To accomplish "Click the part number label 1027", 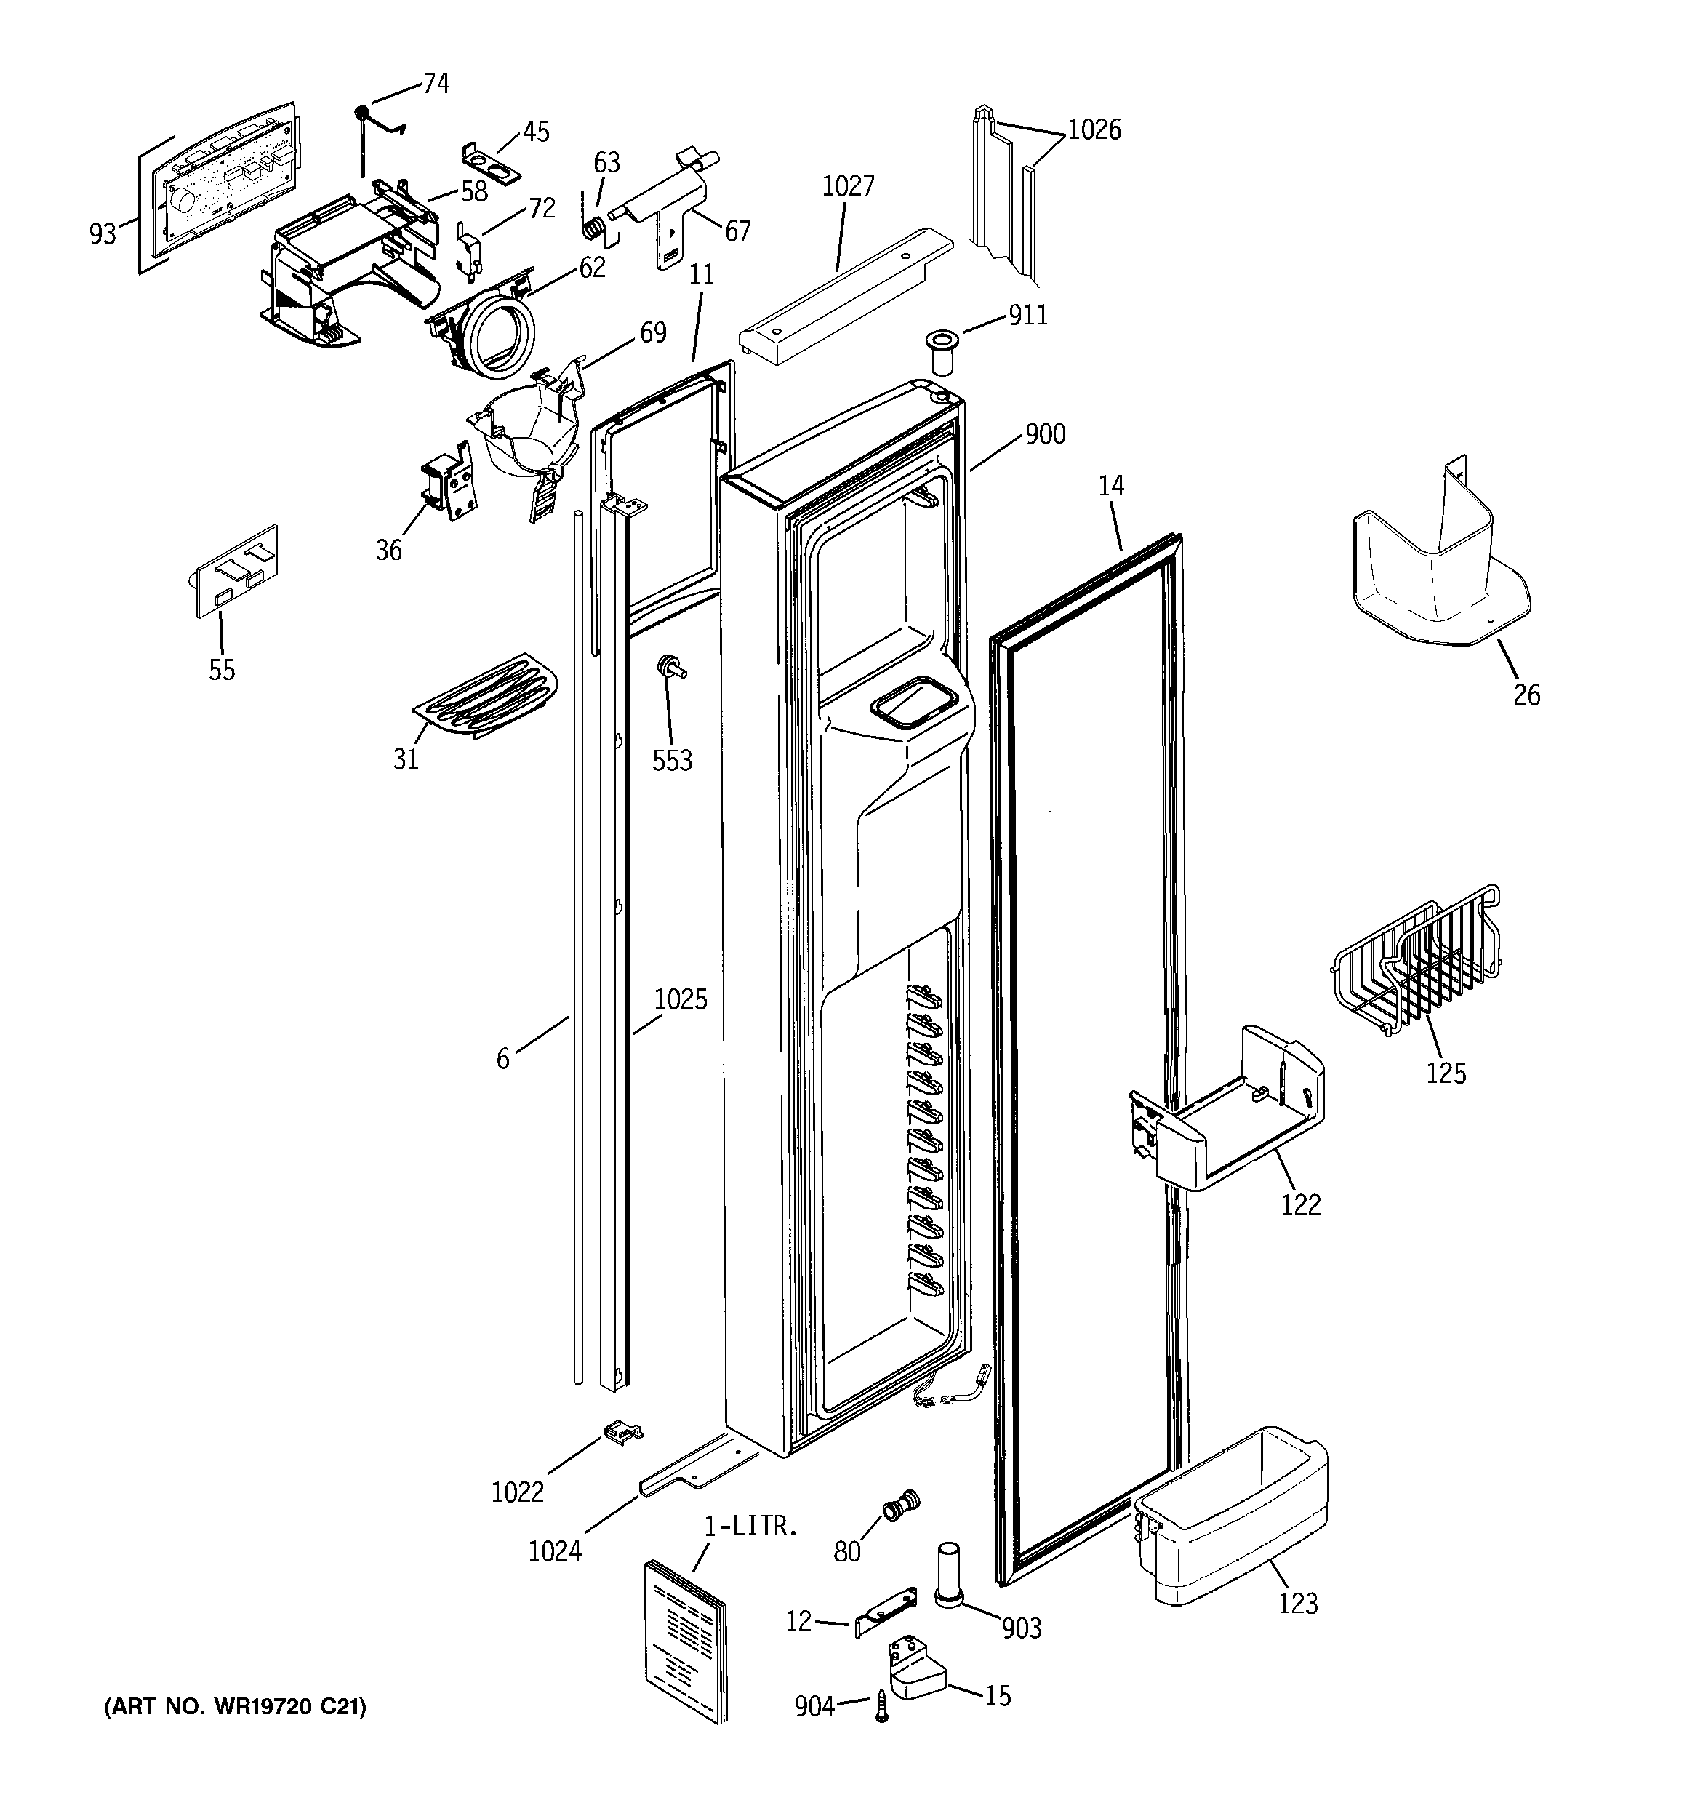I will [x=848, y=186].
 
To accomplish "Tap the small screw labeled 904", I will [x=881, y=1705].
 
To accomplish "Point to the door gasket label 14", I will [x=1111, y=487].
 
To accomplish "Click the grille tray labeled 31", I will [x=485, y=697].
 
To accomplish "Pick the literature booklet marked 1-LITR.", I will [x=686, y=1638].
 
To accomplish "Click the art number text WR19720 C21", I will [x=236, y=1707].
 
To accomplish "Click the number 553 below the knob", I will [x=672, y=761].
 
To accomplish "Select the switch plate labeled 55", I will [x=237, y=572].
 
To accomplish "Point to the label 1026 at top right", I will [x=1094, y=130].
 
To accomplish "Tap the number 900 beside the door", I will [x=1045, y=435].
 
